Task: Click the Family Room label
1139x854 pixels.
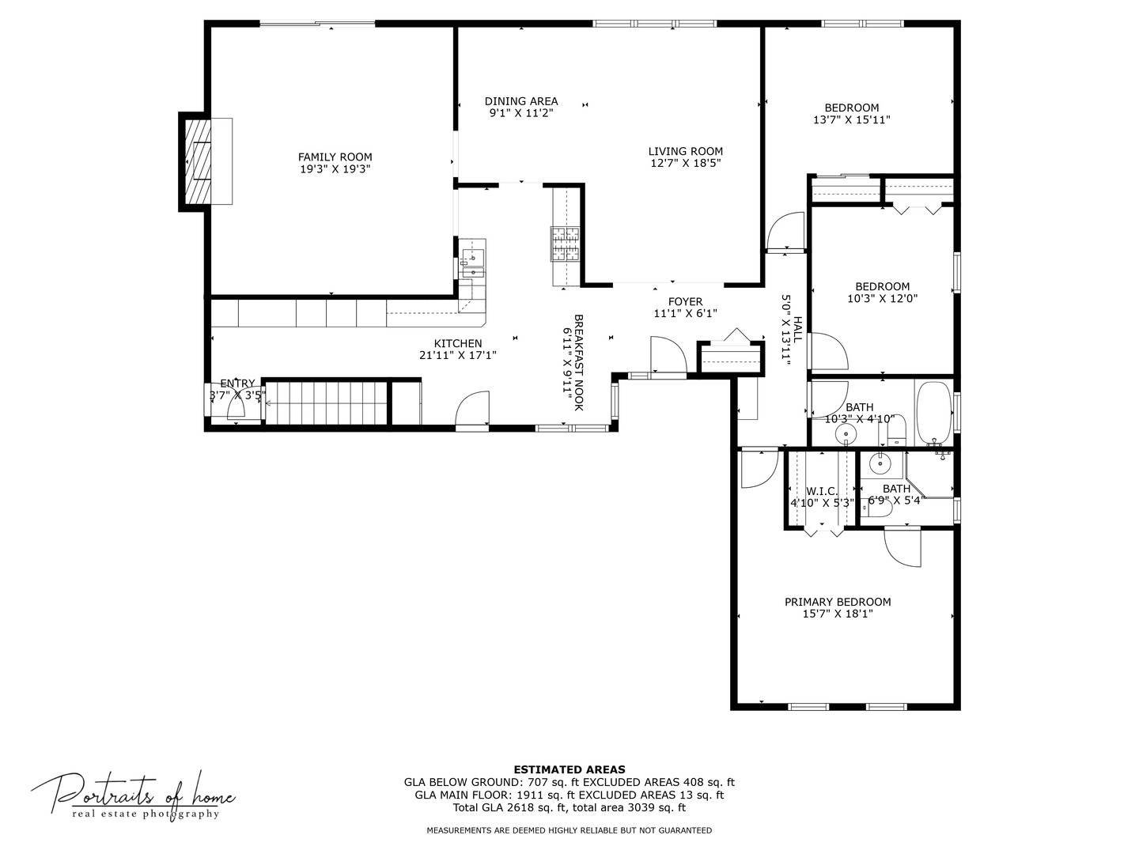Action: click(335, 157)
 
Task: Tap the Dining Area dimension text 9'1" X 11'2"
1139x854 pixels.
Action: click(521, 113)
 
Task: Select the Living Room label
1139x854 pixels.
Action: click(685, 151)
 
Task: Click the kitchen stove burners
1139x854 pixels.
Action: click(565, 244)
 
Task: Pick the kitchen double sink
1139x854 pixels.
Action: click(473, 264)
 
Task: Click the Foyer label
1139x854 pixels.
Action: click(685, 302)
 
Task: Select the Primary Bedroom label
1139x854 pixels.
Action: click(837, 602)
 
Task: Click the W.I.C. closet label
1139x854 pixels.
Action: click(822, 491)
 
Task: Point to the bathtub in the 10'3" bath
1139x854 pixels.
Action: click(935, 414)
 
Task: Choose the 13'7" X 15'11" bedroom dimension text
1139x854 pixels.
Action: click(851, 119)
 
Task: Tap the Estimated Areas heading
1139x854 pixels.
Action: click(569, 769)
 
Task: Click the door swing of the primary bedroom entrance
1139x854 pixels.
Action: click(759, 469)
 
